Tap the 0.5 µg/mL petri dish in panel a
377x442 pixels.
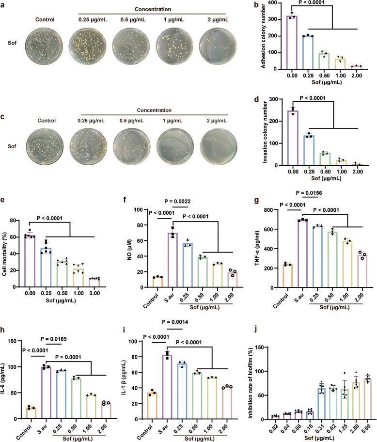(128, 46)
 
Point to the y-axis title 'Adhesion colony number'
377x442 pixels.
(251, 36)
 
